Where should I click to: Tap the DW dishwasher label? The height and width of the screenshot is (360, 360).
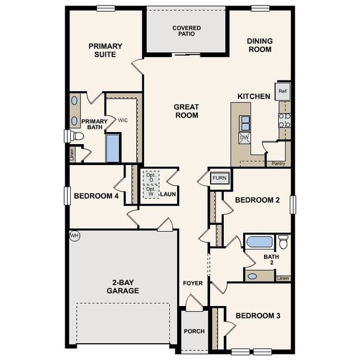pyautogui.click(x=244, y=137)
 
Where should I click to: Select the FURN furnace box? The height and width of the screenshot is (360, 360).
pyautogui.click(x=218, y=178)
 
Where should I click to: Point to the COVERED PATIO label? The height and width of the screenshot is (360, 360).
pyautogui.click(x=187, y=32)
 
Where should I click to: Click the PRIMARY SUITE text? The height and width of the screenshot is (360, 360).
pyautogui.click(x=106, y=50)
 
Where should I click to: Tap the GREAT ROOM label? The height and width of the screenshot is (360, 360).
pyautogui.click(x=186, y=111)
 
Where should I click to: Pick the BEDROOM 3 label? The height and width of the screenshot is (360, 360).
pyautogui.click(x=257, y=316)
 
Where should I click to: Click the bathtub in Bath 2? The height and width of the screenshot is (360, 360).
pyautogui.click(x=259, y=242)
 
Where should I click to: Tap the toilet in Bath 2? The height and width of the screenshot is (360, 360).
pyautogui.click(x=283, y=242)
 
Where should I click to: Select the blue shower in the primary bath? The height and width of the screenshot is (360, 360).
pyautogui.click(x=113, y=148)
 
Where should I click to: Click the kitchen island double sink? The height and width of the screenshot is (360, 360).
pyautogui.click(x=245, y=122)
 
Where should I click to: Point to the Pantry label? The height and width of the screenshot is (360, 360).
pyautogui.click(x=278, y=163)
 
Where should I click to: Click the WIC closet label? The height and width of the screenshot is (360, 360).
pyautogui.click(x=122, y=121)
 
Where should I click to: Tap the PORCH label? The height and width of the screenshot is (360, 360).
pyautogui.click(x=194, y=331)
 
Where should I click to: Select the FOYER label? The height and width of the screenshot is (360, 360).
pyautogui.click(x=193, y=283)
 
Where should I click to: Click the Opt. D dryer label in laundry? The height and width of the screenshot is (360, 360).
pyautogui.click(x=150, y=178)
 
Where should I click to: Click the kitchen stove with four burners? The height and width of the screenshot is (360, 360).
pyautogui.click(x=284, y=119)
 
